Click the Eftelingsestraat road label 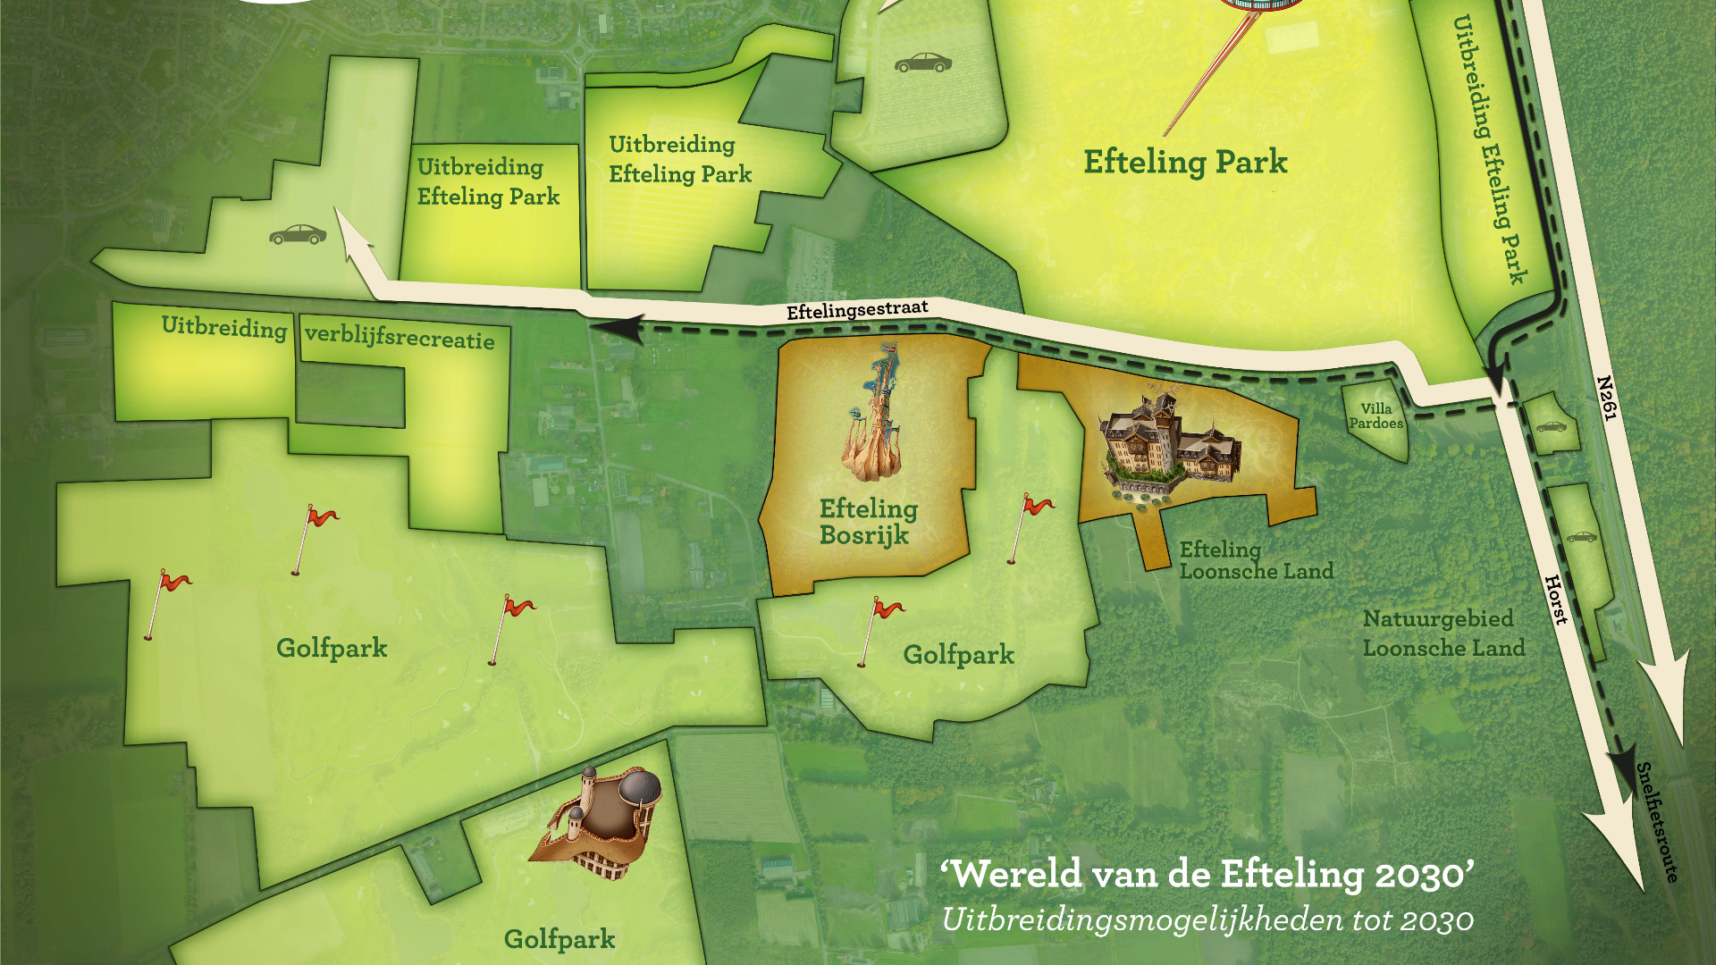856,309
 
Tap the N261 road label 1606,398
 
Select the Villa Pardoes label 1375,415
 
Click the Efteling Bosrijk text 867,522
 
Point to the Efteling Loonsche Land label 1255,560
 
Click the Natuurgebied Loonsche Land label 1443,633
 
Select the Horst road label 1556,600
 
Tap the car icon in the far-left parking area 298,234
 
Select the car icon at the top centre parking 922,63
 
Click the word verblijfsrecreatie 400,337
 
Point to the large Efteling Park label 1185,162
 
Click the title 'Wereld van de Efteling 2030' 1207,874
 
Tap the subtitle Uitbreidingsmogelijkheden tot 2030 1207,919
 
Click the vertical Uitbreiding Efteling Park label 1488,147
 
